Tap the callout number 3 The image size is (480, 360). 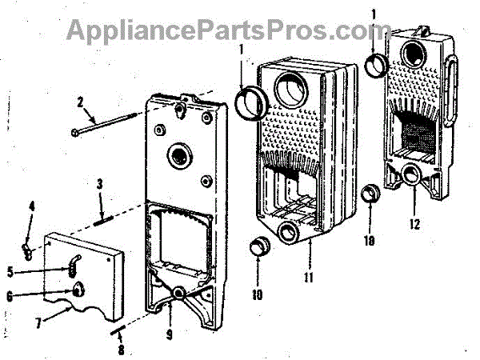[100, 184]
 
